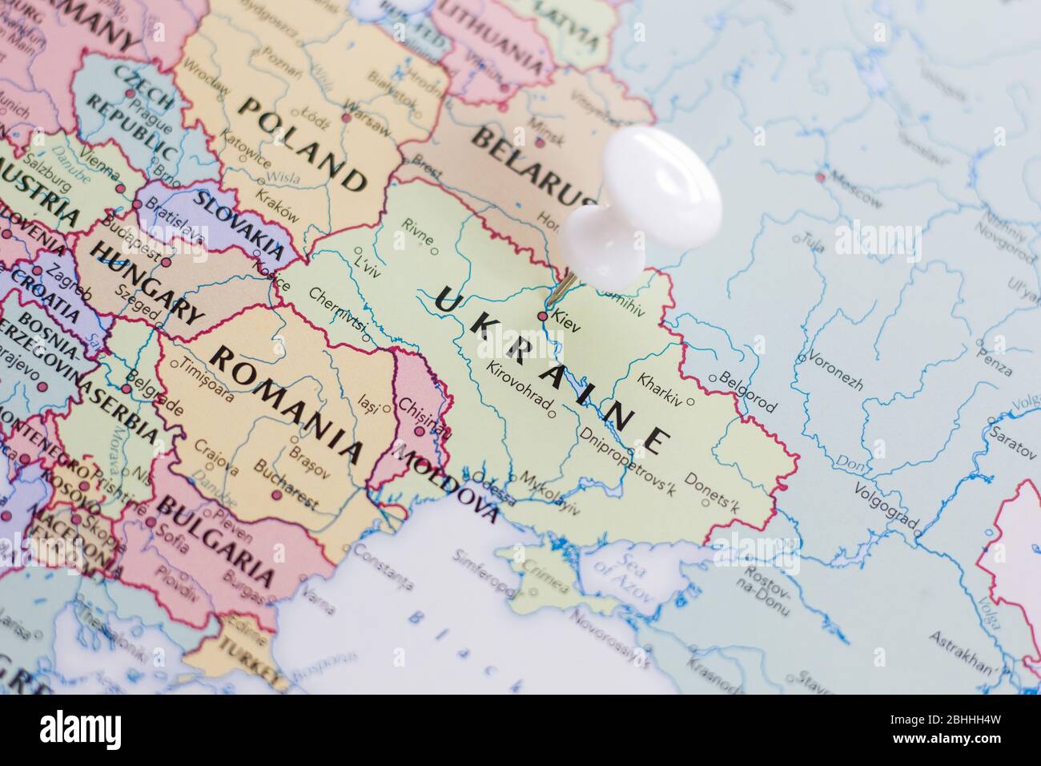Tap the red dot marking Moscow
819,176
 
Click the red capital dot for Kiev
542,316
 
